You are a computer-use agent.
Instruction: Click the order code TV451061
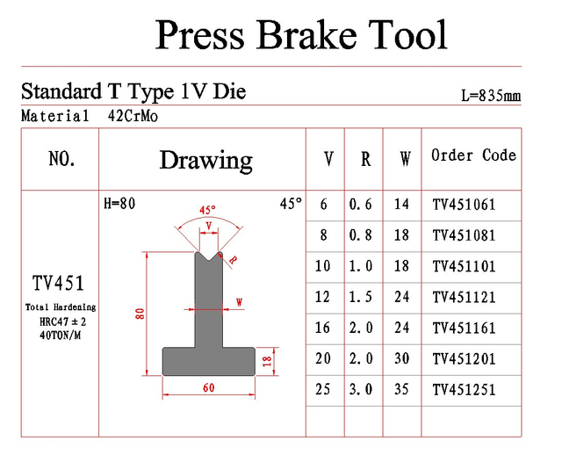point(464,205)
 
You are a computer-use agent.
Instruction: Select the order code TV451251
point(464,390)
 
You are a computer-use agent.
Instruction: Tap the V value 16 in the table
point(322,328)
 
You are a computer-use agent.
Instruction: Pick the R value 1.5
point(361,297)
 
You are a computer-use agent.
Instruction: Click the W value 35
point(401,389)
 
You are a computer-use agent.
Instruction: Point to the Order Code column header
point(473,155)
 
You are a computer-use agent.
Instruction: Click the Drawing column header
point(206,160)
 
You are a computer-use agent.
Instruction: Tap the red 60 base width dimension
point(209,387)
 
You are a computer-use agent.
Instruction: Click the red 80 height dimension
point(140,314)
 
